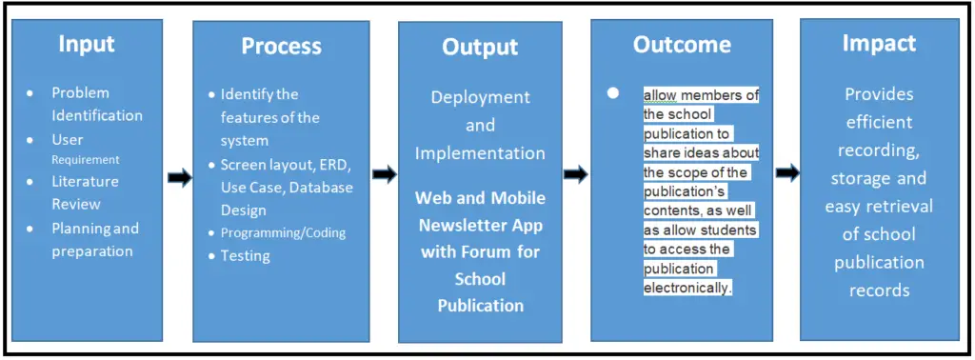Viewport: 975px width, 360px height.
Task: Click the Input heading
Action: coord(87,44)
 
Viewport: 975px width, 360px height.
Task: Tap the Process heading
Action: coord(281,46)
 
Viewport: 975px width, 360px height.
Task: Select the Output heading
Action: coord(480,48)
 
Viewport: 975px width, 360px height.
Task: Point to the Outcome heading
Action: coord(682,45)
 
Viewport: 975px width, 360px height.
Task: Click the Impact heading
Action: coord(879,43)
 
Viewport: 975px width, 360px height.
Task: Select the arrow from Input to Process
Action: coord(179,179)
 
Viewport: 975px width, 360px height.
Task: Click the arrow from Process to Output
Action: coord(384,174)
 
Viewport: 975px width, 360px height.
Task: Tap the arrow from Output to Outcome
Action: coord(575,174)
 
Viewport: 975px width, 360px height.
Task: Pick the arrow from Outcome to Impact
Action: coord(786,172)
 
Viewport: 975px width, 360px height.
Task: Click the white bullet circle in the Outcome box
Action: coord(613,93)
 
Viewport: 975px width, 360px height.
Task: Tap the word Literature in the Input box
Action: coord(85,181)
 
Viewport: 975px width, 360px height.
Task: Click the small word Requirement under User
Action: coord(85,160)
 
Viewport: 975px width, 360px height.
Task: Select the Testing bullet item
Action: coord(245,255)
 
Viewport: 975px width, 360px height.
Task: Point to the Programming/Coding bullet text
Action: coord(283,232)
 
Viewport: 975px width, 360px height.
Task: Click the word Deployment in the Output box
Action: coord(480,97)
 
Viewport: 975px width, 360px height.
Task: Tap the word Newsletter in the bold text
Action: coord(460,225)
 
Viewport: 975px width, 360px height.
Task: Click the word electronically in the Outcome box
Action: coord(686,287)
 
